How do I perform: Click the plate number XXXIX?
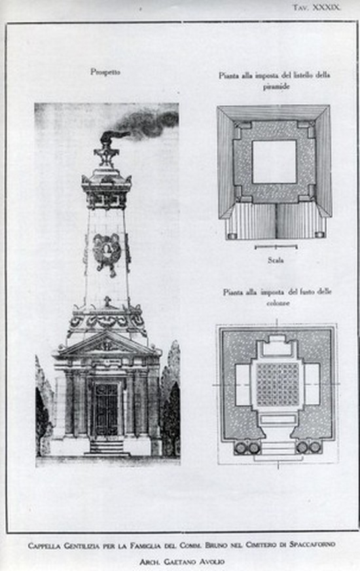coord(327,8)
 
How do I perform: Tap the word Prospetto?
coord(105,72)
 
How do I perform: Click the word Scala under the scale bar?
coord(276,260)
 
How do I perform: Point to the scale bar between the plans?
coord(276,248)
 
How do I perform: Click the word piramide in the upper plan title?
coord(276,86)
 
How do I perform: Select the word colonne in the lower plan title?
coord(278,303)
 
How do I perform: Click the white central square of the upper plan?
coord(274,162)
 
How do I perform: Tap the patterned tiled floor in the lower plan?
coord(278,384)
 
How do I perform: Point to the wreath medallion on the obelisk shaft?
coord(107,252)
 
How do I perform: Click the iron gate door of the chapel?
coord(105,409)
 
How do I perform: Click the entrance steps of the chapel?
coord(107,447)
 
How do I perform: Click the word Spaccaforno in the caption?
coord(312,545)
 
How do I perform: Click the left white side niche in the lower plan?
coord(242,384)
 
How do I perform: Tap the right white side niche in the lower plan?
coord(312,384)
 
